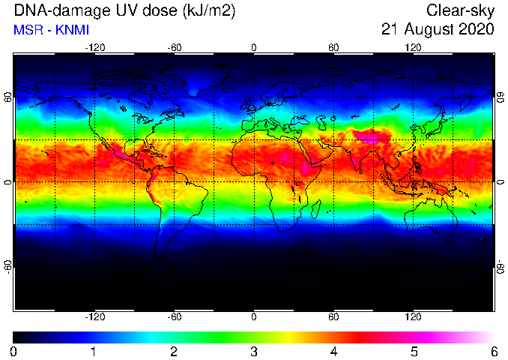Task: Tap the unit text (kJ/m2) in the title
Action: (x=208, y=10)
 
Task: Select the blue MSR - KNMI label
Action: (x=51, y=30)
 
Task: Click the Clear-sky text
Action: (x=460, y=10)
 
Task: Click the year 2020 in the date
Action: (x=476, y=29)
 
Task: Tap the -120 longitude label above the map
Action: (x=95, y=48)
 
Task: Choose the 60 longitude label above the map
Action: (x=333, y=48)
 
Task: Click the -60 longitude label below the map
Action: (x=175, y=316)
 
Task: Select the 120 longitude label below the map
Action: (x=413, y=316)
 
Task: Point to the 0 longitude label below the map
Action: (x=254, y=316)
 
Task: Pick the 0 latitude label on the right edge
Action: (x=501, y=182)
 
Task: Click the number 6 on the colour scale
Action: (x=494, y=352)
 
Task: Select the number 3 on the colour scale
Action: (x=254, y=352)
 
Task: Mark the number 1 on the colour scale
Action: (x=94, y=352)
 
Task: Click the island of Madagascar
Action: (x=316, y=209)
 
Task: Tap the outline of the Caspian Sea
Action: (x=321, y=122)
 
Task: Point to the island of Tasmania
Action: (x=448, y=241)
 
